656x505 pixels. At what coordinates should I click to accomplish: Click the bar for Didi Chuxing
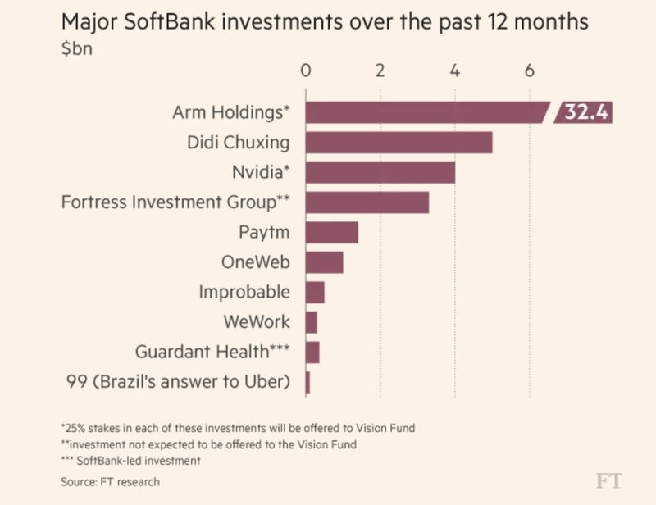click(399, 143)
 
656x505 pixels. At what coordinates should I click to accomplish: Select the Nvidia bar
click(380, 172)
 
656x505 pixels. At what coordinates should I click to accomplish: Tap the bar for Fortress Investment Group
click(367, 202)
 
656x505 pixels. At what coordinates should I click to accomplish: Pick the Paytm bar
click(331, 232)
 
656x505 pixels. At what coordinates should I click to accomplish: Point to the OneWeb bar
click(324, 262)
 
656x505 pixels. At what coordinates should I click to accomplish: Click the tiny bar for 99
click(307, 382)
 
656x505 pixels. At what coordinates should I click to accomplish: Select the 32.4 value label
click(585, 112)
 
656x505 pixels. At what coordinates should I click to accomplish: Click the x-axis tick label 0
click(305, 70)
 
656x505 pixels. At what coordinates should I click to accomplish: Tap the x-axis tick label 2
click(380, 70)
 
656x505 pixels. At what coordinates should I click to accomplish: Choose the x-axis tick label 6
click(530, 70)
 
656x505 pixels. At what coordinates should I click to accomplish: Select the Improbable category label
click(244, 292)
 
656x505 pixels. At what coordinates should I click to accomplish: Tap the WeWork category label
click(257, 322)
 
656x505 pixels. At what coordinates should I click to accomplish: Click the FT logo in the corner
click(608, 481)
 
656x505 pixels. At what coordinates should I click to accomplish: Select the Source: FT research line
click(110, 481)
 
